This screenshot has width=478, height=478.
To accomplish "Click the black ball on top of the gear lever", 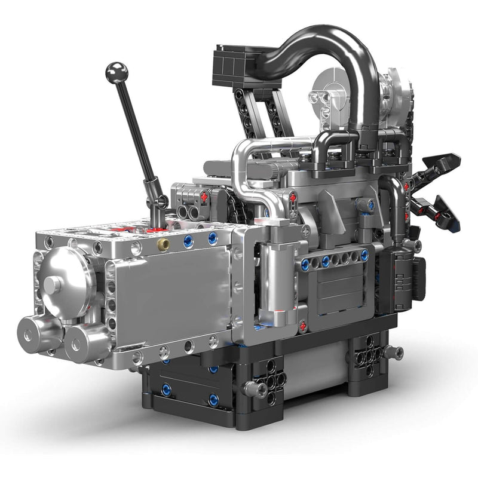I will (x=117, y=72).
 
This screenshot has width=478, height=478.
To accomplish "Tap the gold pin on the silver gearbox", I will (x=163, y=244).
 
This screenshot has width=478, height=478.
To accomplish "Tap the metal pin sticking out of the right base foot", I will (x=393, y=353).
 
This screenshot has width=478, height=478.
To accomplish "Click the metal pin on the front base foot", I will (x=256, y=389).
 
